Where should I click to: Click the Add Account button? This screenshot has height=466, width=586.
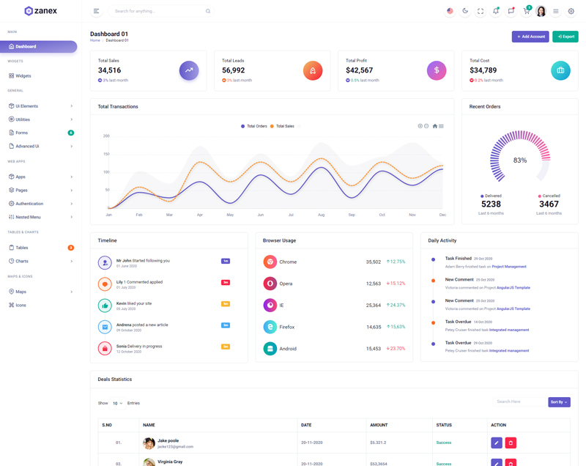click(530, 37)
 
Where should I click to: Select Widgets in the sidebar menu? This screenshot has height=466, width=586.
click(23, 75)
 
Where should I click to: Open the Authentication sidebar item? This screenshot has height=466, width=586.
click(29, 204)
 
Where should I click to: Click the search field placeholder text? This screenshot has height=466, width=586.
click(135, 11)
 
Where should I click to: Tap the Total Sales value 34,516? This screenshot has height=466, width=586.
click(109, 70)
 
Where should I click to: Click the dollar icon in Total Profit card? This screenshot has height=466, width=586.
click(437, 70)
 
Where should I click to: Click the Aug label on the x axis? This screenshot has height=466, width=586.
click(321, 215)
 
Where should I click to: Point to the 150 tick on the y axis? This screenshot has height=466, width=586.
click(106, 154)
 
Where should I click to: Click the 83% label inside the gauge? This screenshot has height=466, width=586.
click(520, 160)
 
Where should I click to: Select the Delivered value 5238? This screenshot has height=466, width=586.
click(491, 204)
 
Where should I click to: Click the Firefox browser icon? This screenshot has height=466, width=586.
click(270, 327)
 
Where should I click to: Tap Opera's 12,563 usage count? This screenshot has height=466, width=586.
click(374, 284)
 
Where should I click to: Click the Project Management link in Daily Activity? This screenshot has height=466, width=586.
click(509, 267)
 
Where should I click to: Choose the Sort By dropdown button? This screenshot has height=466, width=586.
click(559, 402)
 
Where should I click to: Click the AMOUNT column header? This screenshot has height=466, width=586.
click(379, 425)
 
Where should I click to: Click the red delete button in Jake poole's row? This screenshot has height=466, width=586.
click(511, 443)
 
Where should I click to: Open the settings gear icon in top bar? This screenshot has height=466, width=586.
click(571, 11)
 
